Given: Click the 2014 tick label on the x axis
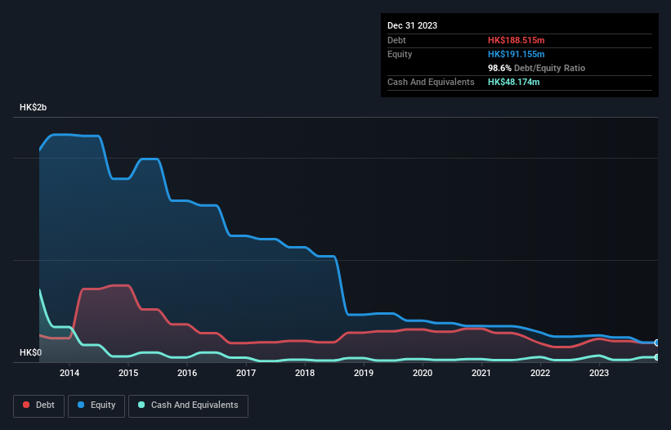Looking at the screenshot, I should [69, 374].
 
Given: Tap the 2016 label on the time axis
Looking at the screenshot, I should [186, 374].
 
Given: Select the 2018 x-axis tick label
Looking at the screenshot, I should [304, 374].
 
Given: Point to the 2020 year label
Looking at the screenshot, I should [423, 374].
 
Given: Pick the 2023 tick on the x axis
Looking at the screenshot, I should [599, 374].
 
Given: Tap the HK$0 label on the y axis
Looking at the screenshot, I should [31, 352].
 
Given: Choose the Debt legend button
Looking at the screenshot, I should [39, 405].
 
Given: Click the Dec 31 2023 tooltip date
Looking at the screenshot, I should [412, 25].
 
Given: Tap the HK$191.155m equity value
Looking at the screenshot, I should [517, 54].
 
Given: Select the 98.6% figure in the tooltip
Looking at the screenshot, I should [501, 68].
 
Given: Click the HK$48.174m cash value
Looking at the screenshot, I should [514, 82].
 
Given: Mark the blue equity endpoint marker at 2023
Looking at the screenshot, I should [657, 343].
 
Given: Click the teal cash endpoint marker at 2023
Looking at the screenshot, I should [657, 357].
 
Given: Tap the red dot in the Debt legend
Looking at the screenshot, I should [26, 405].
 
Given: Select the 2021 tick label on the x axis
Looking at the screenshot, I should [481, 374].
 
